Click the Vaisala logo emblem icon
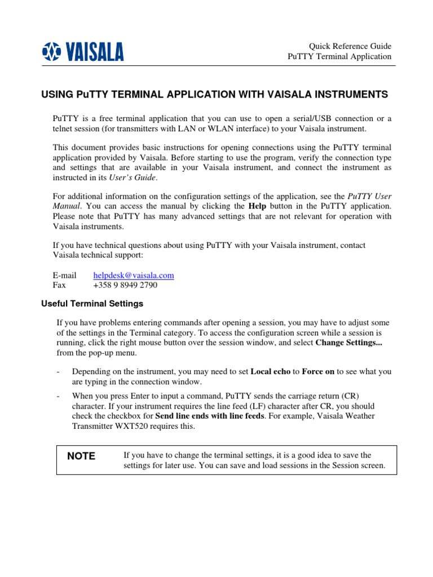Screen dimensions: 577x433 51,52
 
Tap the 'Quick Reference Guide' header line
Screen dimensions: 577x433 350,46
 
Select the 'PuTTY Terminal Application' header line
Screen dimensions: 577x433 339,56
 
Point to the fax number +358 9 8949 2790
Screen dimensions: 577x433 125,285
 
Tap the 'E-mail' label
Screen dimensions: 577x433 64,275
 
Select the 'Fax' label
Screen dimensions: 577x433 59,285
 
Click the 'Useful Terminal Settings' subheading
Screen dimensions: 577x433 92,304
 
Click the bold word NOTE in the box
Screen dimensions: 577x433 81,456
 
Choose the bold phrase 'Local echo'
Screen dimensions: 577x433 269,371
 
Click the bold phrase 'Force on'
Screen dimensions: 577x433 318,371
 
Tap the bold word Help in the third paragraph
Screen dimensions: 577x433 258,206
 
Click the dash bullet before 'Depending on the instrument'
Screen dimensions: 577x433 59,372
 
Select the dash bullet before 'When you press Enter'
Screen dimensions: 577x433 59,396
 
